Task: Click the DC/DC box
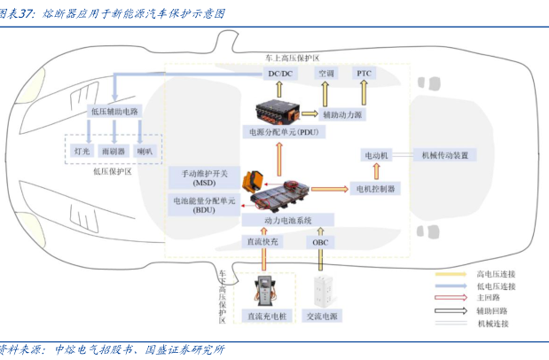281,74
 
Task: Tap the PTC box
365,74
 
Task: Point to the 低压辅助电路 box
115,112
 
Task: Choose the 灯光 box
82,152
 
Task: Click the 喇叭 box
145,152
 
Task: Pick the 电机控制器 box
377,189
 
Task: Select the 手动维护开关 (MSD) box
204,177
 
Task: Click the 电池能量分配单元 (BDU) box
204,207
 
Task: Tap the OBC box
320,242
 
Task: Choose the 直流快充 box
263,242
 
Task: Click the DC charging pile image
263,293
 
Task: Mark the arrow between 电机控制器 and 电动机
377,172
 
